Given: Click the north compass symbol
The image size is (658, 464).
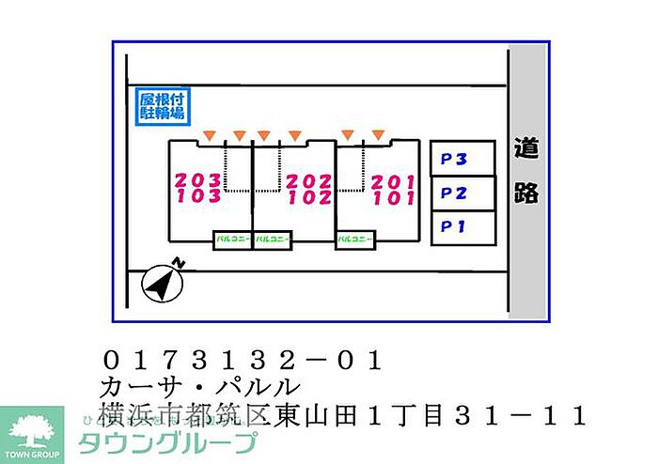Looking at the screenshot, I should [161, 282].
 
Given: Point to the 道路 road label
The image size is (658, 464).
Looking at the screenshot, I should [526, 169].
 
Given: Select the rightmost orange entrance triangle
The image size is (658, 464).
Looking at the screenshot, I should [378, 134].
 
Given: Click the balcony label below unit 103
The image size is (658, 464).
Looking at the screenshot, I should [232, 240].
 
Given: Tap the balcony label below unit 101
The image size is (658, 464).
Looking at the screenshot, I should [355, 240].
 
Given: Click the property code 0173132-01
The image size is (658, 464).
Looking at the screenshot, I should [242, 359].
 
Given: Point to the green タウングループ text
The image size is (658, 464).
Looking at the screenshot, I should [167, 442].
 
